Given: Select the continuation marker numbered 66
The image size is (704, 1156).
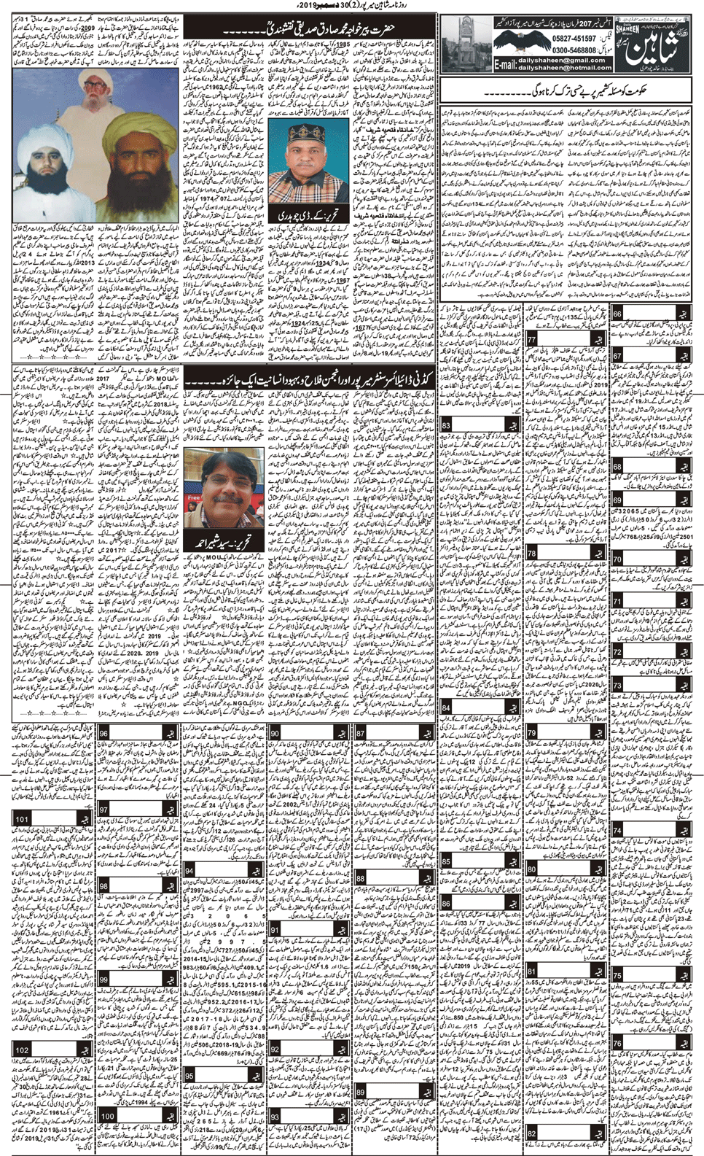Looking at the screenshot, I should [x=617, y=314].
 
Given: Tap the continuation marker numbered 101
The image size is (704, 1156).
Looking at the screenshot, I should [x=22, y=820].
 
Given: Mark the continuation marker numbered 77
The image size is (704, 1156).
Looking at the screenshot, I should [x=532, y=341].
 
